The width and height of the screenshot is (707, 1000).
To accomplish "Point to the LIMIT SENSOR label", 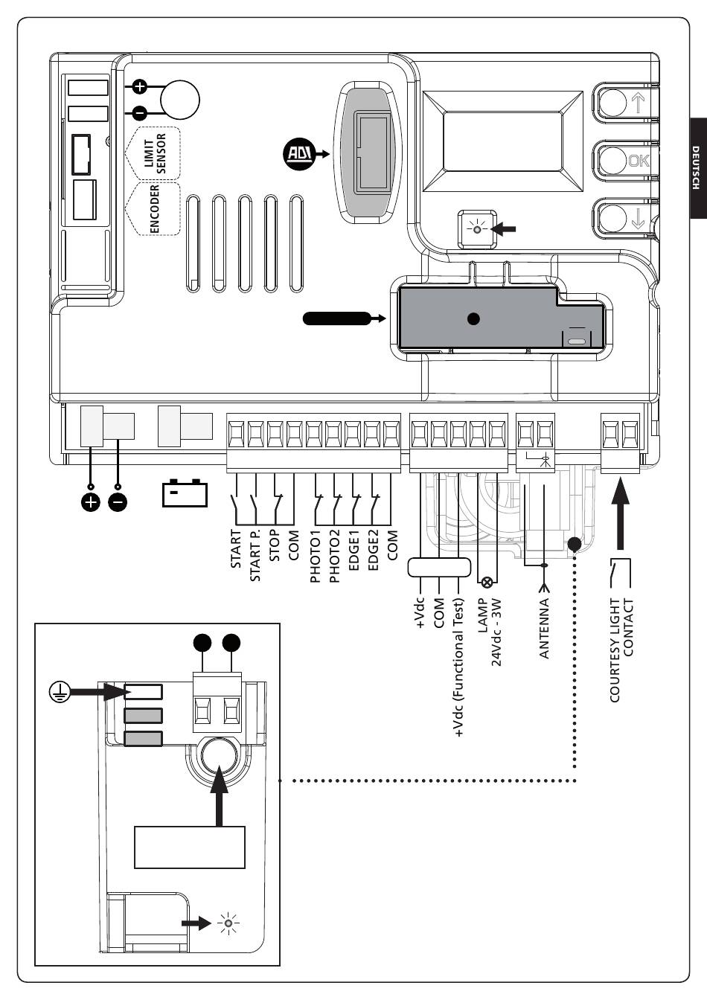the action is click(x=155, y=153).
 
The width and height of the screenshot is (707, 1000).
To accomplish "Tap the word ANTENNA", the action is click(x=543, y=629).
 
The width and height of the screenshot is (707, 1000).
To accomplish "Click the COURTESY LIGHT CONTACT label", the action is click(x=621, y=650).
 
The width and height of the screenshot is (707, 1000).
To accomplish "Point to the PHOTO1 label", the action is click(x=316, y=556).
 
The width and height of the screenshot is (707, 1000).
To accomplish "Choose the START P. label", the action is click(x=255, y=555).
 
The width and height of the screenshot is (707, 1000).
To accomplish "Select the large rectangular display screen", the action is click(x=503, y=141).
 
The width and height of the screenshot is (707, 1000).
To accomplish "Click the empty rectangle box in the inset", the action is click(x=190, y=847).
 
